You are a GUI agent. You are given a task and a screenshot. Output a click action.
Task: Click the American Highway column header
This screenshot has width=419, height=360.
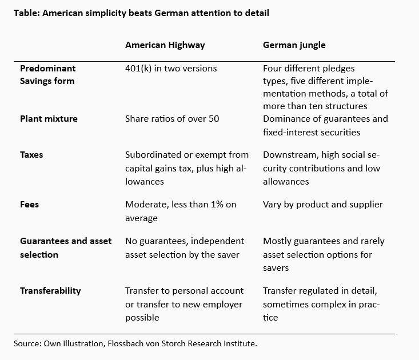coord(165,45)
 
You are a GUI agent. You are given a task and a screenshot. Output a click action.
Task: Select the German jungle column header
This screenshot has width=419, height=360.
coord(294,45)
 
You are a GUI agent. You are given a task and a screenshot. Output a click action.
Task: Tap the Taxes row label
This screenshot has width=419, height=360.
coord(32,155)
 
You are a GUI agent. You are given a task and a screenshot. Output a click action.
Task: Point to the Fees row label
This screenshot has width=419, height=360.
coord(30,205)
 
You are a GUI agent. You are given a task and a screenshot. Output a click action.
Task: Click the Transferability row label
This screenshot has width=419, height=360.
coord(50,290)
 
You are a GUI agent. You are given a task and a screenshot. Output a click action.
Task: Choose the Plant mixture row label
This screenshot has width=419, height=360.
coord(49,119)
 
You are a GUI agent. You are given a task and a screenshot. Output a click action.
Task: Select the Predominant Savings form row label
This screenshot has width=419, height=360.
coord(47,74)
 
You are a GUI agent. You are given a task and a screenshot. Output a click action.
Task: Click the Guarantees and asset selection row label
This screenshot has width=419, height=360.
coord(66,247)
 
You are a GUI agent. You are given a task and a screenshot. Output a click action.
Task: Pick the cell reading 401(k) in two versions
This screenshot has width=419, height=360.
coord(171,68)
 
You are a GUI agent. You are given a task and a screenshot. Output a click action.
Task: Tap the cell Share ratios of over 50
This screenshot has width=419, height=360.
coord(172,119)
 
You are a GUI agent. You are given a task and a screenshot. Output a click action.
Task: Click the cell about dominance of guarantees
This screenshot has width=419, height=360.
coord(325,125)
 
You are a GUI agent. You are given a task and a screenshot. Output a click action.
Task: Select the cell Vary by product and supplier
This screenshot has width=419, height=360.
coord(322,205)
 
